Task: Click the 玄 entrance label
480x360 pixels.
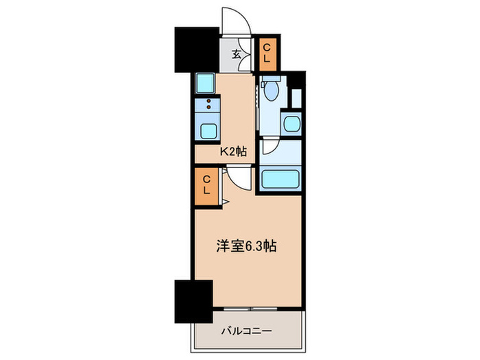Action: (x=235, y=55)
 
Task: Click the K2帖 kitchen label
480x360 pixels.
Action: (x=232, y=152)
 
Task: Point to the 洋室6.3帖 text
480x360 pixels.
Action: (x=248, y=245)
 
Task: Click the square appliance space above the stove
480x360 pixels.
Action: (x=204, y=83)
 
